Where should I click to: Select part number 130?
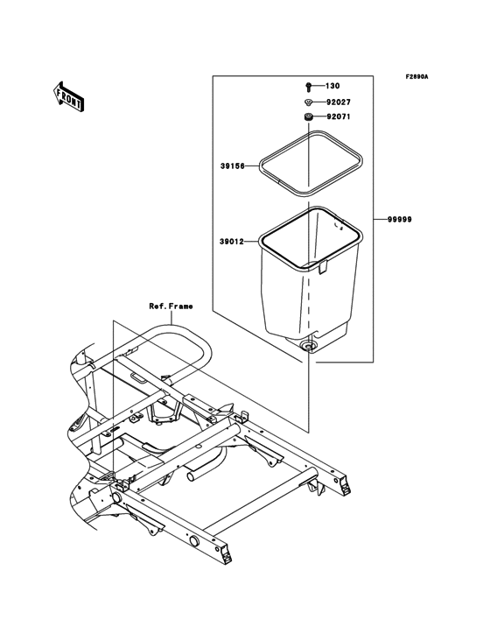pyautogui.click(x=332, y=87)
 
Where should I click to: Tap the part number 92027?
pyautogui.click(x=339, y=102)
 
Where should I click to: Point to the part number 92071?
pyautogui.click(x=339, y=116)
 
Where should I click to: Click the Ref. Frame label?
pyautogui.click(x=171, y=306)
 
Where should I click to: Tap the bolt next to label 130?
pyautogui.click(x=310, y=87)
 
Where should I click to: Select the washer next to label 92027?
pyautogui.click(x=310, y=102)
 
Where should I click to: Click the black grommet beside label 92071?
pyautogui.click(x=310, y=116)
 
